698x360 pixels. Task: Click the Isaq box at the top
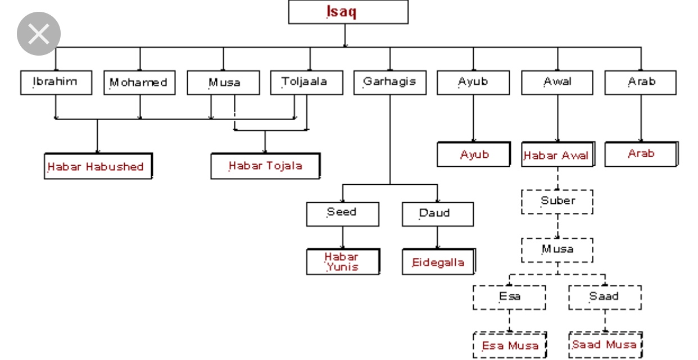tap(348, 12)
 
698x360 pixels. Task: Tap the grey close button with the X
tap(39, 34)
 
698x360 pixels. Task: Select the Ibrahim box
tap(56, 82)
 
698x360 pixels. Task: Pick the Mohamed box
tap(139, 83)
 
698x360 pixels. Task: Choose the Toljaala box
tap(304, 82)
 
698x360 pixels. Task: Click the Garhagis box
tap(389, 82)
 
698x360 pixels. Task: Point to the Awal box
tap(557, 82)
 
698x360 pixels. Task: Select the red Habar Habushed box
tap(97, 166)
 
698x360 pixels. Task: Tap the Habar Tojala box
tap(265, 166)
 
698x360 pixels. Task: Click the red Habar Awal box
tap(556, 155)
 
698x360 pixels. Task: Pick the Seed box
tap(342, 213)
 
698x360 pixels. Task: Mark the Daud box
tap(437, 214)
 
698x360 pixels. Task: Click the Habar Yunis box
tap(342, 262)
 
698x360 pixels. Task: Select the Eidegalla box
tap(438, 262)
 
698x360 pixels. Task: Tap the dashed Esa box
tap(509, 297)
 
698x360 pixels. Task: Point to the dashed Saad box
tap(604, 297)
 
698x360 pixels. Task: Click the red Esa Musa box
tap(509, 345)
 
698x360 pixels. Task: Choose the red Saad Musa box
tap(604, 344)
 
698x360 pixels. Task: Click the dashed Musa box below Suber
tap(557, 250)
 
